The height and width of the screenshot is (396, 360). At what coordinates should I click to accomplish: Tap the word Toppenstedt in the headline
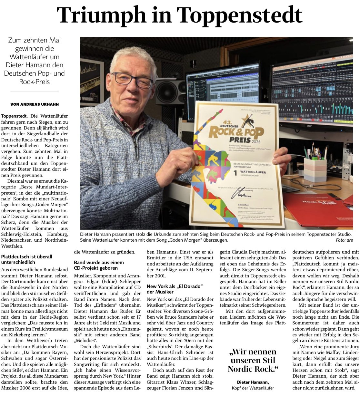[x=239, y=15]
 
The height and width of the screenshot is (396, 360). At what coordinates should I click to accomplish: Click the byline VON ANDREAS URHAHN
[x=35, y=104]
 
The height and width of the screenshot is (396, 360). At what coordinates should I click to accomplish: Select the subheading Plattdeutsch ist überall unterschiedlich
[x=26, y=259]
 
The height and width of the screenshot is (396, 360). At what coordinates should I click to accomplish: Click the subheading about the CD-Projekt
[x=99, y=265]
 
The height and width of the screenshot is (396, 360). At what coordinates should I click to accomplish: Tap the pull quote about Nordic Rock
[x=253, y=360]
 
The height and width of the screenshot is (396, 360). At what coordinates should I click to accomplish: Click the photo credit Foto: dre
[x=344, y=240]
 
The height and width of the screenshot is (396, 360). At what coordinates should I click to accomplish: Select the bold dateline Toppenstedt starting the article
[x=14, y=115]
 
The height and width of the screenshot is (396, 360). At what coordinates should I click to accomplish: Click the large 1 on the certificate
[x=235, y=173]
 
